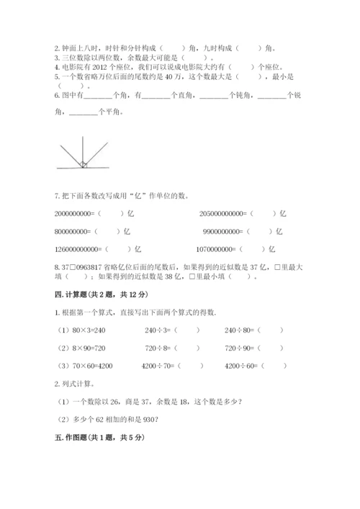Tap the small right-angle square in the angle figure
[84, 165]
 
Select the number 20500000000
[224, 214]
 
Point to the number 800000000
[73, 232]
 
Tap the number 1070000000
[222, 250]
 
